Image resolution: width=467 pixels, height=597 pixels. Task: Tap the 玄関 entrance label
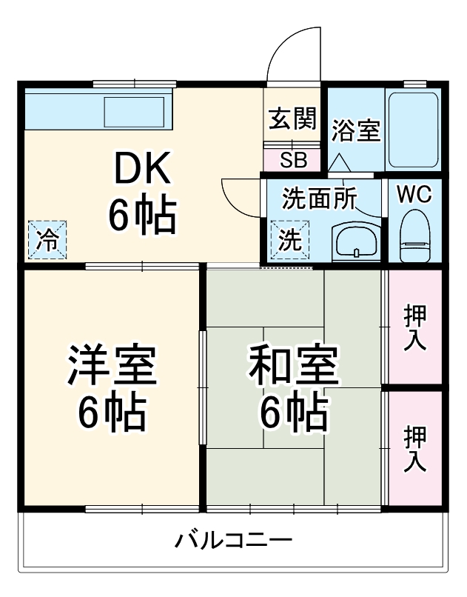coord(293,119)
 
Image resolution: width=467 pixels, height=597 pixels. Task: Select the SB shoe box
coord(292,159)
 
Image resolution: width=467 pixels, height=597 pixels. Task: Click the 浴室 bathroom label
coord(355,131)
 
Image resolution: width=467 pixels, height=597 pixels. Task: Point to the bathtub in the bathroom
coord(414,130)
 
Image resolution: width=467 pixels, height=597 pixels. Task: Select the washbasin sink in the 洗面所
coord(357,241)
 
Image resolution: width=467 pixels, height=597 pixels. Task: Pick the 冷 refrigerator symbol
coord(47,239)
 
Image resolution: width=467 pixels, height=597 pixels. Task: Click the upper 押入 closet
coord(414,327)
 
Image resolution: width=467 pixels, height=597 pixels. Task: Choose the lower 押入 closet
coord(414,448)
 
